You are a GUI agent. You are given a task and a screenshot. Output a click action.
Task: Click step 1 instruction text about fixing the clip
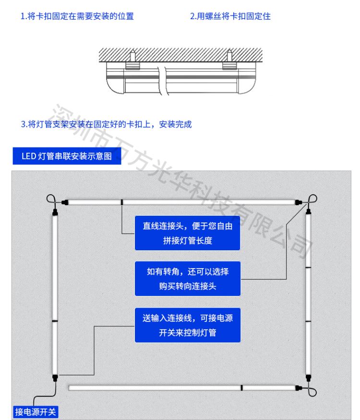[77, 16]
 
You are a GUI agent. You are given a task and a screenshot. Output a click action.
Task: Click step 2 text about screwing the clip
[230, 16]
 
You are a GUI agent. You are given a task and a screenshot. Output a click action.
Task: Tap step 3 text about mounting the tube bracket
[106, 124]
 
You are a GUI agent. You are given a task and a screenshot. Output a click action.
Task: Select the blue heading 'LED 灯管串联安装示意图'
[67, 156]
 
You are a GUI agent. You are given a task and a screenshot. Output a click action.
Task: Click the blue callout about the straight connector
[187, 233]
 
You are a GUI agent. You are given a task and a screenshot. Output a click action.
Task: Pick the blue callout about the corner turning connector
[188, 279]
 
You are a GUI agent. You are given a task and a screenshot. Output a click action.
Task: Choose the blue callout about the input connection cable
[188, 325]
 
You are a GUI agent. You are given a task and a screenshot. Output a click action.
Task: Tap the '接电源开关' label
[36, 412]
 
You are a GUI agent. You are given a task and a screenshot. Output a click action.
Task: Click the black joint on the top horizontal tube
[122, 202]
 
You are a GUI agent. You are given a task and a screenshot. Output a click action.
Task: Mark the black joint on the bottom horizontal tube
[241, 388]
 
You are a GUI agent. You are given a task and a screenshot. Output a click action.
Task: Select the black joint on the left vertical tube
[55, 321]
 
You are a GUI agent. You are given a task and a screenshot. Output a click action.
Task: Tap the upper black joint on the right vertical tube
[308, 267]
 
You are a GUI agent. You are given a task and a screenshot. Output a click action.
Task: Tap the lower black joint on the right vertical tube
[308, 321]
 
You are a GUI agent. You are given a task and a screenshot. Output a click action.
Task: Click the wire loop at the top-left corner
[51, 198]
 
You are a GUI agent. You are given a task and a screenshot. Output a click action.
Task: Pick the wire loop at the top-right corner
[312, 199]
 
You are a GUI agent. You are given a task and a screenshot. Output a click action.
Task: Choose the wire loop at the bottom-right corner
[312, 392]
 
